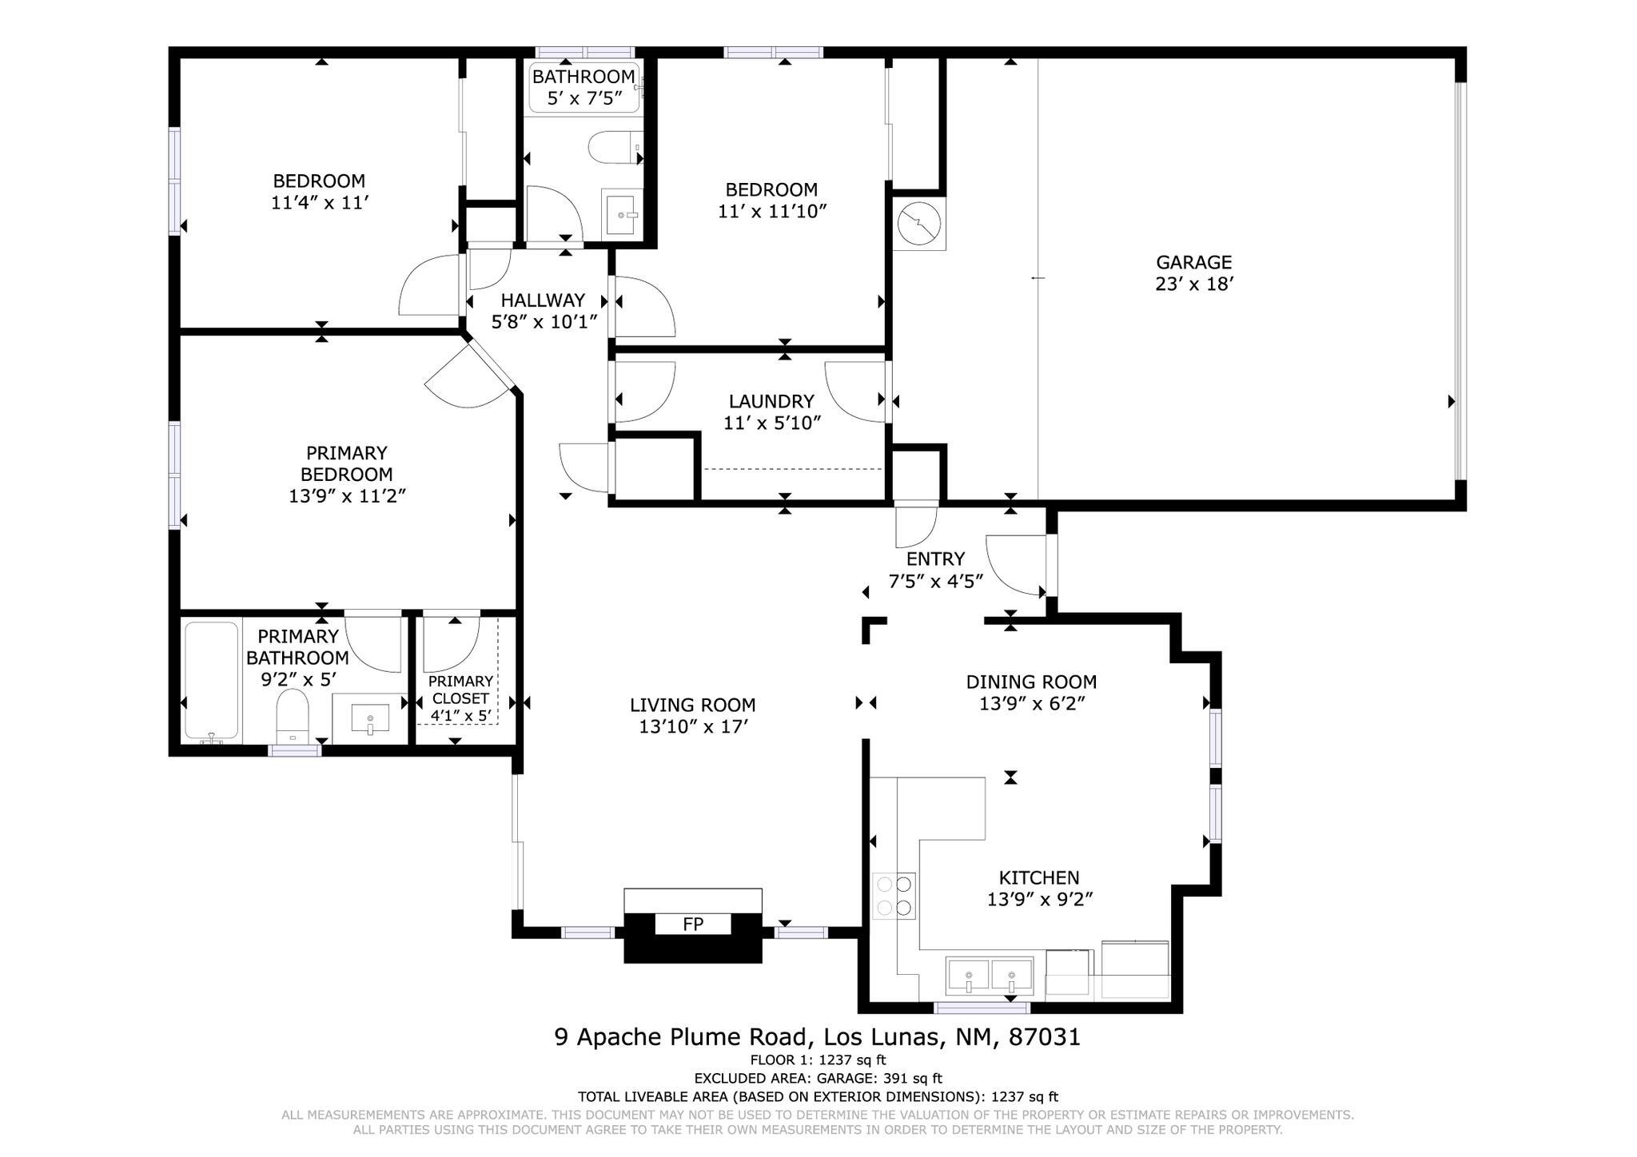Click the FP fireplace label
click(x=692, y=924)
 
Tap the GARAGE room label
click(x=1193, y=262)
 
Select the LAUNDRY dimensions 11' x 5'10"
click(x=772, y=423)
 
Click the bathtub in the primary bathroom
click(x=211, y=681)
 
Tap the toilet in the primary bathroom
click(x=293, y=716)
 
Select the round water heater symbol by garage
click(x=918, y=224)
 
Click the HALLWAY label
click(x=543, y=300)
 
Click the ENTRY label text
click(x=935, y=559)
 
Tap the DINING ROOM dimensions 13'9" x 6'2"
click(x=1031, y=704)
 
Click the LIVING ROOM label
click(x=692, y=705)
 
